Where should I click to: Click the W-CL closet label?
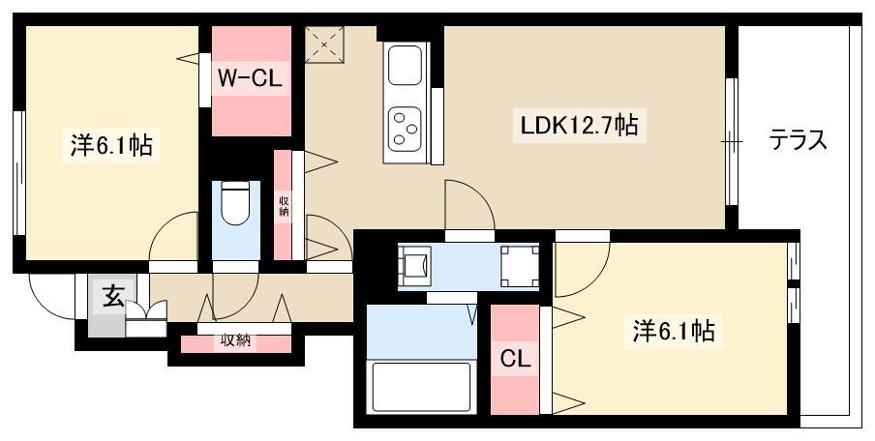pyautogui.click(x=249, y=78)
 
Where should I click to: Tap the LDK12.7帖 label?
pyautogui.click(x=579, y=126)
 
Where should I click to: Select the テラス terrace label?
pyautogui.click(x=798, y=140)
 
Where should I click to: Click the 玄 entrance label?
pyautogui.click(x=113, y=297)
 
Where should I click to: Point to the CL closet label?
pyautogui.click(x=515, y=360)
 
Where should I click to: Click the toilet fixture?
pyautogui.click(x=236, y=202)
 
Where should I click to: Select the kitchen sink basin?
pyautogui.click(x=405, y=65)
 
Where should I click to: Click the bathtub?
pyautogui.click(x=421, y=387)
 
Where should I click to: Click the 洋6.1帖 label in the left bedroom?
pyautogui.click(x=111, y=146)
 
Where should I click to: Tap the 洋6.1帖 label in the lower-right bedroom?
pyautogui.click(x=674, y=332)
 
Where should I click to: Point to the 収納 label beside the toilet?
pyautogui.click(x=284, y=206)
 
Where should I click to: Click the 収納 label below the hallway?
pyautogui.click(x=235, y=339)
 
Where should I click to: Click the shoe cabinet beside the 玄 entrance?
pyautogui.click(x=146, y=319)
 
